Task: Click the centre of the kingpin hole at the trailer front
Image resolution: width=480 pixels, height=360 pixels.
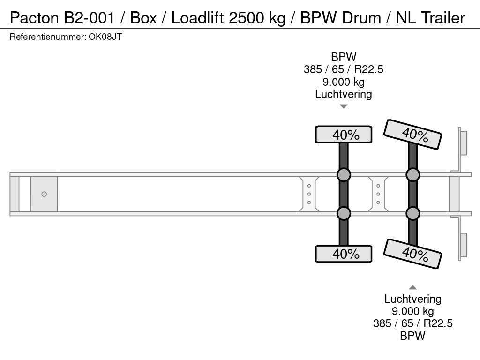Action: click(x=44, y=194)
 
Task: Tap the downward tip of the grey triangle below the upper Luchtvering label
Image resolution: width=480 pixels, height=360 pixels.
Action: click(x=344, y=108)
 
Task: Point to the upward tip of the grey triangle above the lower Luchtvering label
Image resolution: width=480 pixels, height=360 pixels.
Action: click(x=412, y=285)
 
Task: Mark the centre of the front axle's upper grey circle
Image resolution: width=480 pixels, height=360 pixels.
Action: click(x=344, y=175)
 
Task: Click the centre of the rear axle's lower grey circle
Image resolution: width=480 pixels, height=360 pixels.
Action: click(x=412, y=213)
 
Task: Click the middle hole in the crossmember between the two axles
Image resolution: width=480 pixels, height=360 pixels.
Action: click(x=378, y=194)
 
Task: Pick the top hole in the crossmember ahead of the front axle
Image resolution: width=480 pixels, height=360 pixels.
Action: click(x=309, y=186)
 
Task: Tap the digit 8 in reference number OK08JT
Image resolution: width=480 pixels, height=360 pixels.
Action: click(x=106, y=37)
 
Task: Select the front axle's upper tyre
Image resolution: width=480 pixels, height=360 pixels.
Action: click(x=344, y=135)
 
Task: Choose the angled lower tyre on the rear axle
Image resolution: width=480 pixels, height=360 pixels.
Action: click(x=412, y=254)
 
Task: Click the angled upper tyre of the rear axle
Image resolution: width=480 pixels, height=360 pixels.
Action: click(x=412, y=135)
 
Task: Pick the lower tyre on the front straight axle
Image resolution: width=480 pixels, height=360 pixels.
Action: click(x=344, y=254)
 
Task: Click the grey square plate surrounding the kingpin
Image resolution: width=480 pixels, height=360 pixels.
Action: click(x=44, y=194)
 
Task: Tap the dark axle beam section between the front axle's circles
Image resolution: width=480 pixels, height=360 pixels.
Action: click(x=344, y=194)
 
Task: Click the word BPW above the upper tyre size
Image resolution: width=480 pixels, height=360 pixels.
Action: click(x=344, y=57)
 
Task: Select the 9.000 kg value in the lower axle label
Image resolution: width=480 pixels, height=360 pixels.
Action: click(x=412, y=311)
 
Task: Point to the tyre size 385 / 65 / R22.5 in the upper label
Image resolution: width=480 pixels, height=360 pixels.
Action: click(x=344, y=69)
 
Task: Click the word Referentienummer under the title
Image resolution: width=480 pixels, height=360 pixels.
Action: click(x=47, y=37)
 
